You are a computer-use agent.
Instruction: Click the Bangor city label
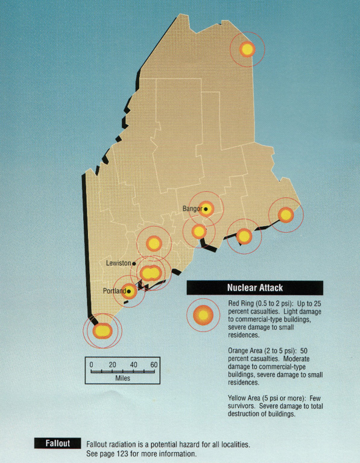tap(192, 209)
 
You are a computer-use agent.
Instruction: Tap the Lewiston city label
tap(118, 263)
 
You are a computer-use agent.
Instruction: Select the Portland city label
tap(114, 291)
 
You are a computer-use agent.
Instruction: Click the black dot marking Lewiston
tap(134, 263)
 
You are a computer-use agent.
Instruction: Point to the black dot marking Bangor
tap(206, 209)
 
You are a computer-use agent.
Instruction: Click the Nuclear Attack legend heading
tap(254, 288)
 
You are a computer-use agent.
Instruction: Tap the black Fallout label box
tap(58, 444)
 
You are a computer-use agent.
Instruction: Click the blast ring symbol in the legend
tap(204, 315)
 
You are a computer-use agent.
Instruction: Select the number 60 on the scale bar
tap(154, 365)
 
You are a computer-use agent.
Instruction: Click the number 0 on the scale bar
tap(92, 365)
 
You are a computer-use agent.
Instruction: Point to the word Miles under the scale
tap(122, 378)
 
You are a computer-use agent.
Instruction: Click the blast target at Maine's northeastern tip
tap(247, 49)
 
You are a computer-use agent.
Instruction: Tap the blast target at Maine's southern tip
tap(102, 330)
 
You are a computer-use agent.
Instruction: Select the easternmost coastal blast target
tap(285, 214)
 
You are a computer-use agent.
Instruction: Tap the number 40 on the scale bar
tap(133, 365)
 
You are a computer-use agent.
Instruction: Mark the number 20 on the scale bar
tap(112, 365)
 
